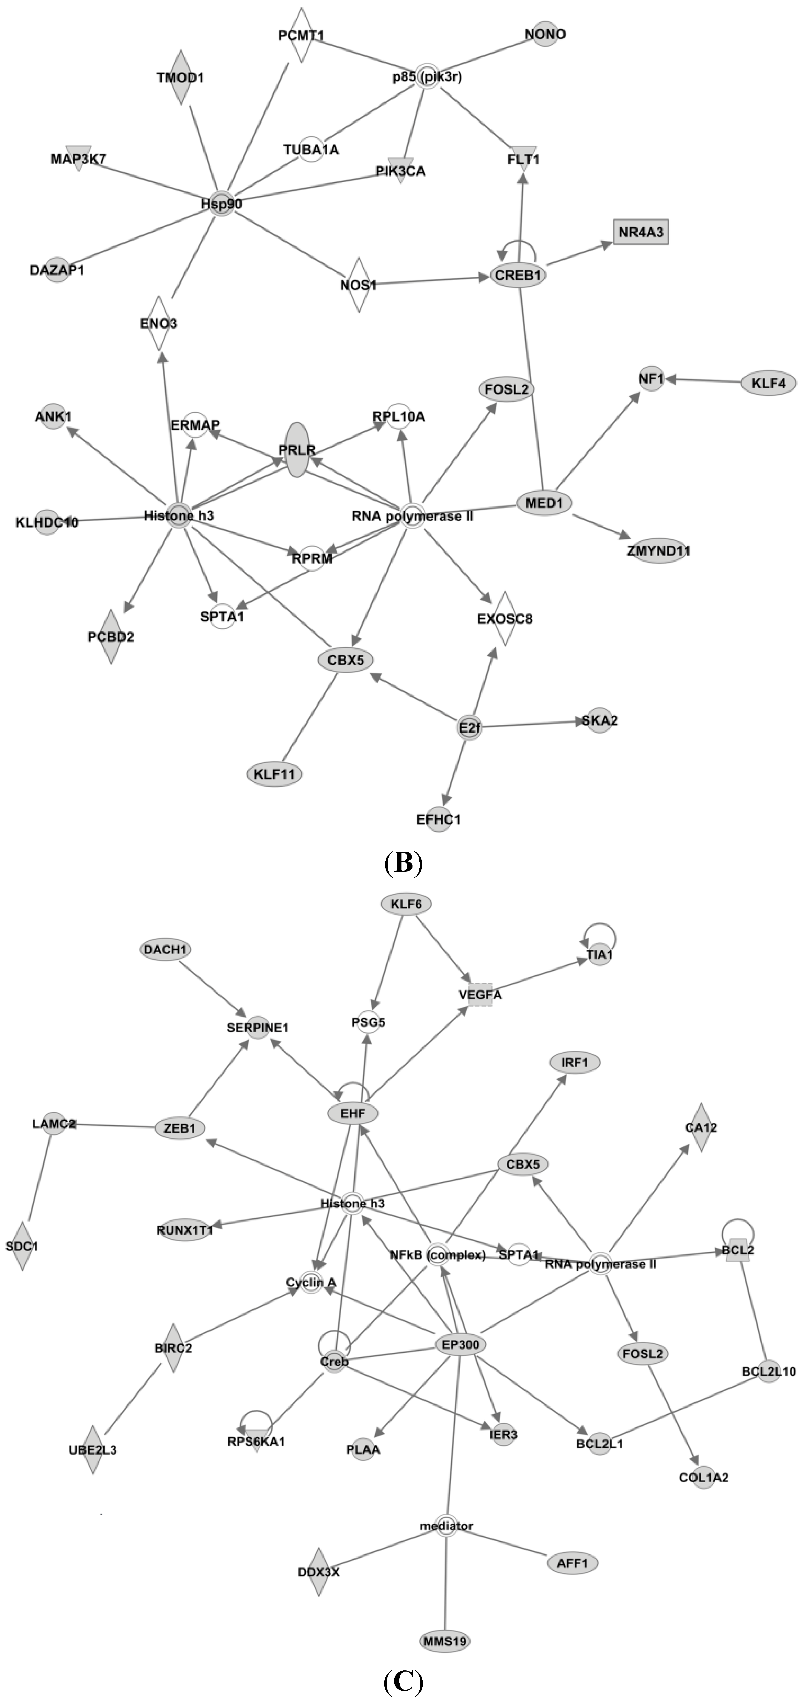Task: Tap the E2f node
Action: pyautogui.click(x=468, y=727)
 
